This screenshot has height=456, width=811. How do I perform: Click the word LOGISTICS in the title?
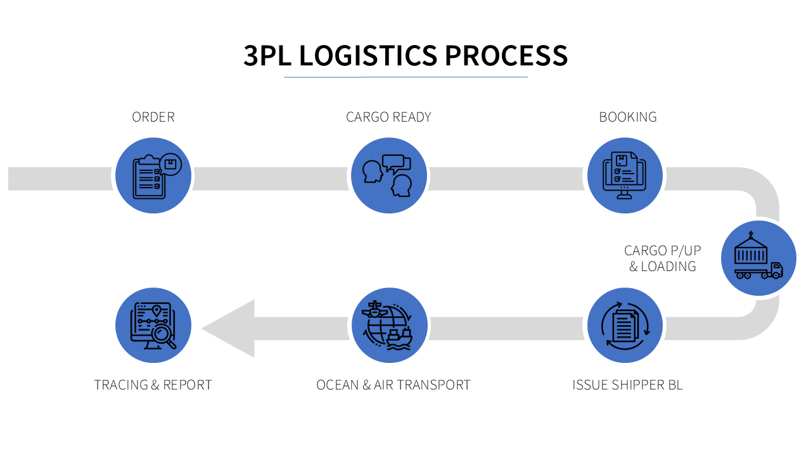point(367,56)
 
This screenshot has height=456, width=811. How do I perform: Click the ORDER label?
point(153,117)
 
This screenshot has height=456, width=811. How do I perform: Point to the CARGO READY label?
point(388,117)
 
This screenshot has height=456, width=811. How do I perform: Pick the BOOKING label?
point(628,117)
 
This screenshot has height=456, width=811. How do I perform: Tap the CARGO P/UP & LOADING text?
point(663,258)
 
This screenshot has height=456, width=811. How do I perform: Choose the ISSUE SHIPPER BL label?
point(627,385)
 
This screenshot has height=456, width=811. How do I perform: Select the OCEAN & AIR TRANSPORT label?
point(393,385)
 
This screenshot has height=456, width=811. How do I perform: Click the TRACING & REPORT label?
point(153,385)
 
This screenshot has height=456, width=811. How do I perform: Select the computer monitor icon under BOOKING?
point(625,175)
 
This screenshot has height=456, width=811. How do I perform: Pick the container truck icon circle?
point(758,258)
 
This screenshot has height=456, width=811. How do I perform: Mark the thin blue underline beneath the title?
point(405,77)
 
